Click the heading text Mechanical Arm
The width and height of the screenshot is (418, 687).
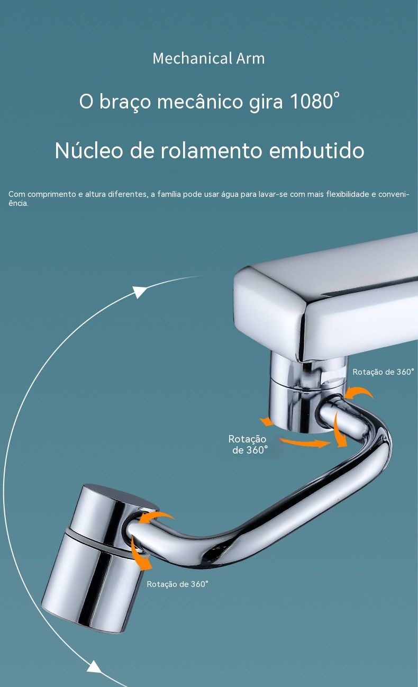[208, 58]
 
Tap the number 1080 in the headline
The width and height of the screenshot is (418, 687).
[312, 102]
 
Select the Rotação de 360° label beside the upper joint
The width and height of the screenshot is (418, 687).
[383, 372]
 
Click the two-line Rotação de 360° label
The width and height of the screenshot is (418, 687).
[248, 445]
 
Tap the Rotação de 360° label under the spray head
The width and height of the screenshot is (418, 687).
[177, 584]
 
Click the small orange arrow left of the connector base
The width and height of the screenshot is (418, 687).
[266, 421]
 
